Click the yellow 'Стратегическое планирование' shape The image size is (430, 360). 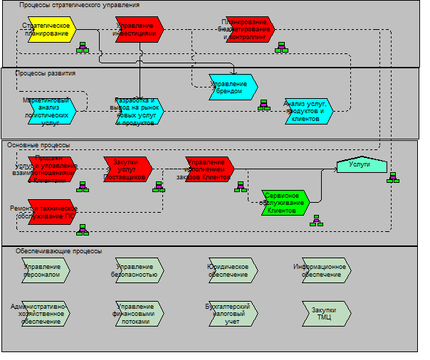click(x=52, y=30)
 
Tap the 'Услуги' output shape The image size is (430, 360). click(x=361, y=164)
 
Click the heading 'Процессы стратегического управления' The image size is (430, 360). click(x=79, y=5)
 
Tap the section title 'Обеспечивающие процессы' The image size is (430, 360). click(x=58, y=251)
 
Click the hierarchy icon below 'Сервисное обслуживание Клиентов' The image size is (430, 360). click(x=316, y=221)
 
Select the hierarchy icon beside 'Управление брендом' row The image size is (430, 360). click(x=264, y=105)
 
